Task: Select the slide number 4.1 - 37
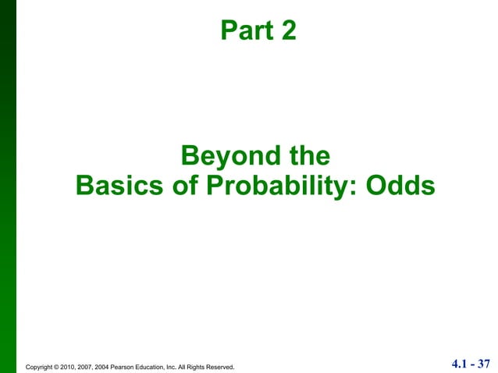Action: (x=471, y=363)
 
